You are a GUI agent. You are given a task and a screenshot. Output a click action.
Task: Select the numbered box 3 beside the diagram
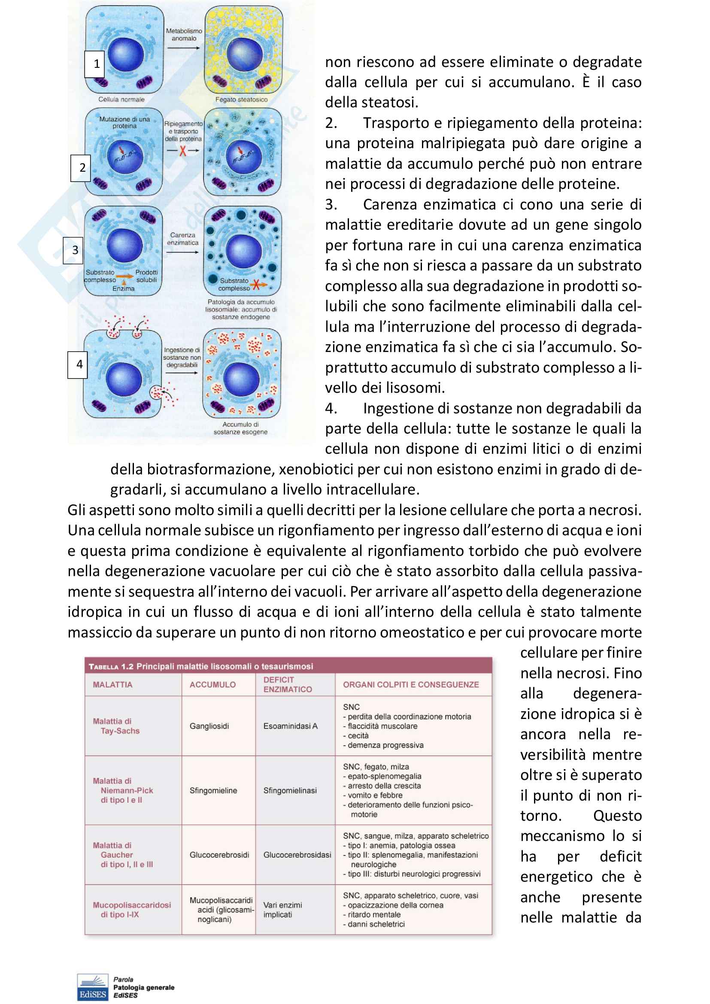tap(73, 250)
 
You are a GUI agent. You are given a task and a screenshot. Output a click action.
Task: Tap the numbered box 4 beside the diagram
tap(77, 364)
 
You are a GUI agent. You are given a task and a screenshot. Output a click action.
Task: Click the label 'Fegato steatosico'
tap(241, 100)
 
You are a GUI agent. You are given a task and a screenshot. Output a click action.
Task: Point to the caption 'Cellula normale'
tap(121, 100)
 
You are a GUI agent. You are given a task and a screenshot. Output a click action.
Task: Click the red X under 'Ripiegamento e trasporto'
tap(183, 151)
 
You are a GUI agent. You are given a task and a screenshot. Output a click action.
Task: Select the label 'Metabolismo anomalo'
tap(184, 35)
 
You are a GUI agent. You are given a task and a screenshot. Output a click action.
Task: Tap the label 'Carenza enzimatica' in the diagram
tap(183, 239)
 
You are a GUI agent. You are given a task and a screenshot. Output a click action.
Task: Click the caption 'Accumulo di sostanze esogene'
tap(240, 428)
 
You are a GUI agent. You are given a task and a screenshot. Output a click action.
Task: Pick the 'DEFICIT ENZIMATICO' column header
tap(287, 684)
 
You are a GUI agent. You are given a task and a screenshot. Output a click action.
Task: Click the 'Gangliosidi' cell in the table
tap(209, 726)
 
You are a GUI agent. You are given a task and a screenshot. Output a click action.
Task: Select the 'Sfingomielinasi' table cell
tap(290, 790)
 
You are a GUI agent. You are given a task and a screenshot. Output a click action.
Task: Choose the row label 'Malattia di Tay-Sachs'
tap(116, 726)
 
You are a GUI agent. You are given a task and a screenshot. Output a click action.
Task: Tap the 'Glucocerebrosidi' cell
tap(219, 855)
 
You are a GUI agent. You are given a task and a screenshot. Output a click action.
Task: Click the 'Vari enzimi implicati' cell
tap(282, 910)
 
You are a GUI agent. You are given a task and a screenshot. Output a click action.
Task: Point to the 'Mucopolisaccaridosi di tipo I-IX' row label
tap(131, 910)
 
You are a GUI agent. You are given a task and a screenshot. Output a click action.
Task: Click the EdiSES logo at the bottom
tap(92, 987)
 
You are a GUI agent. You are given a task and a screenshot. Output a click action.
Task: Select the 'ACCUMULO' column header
tap(212, 685)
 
